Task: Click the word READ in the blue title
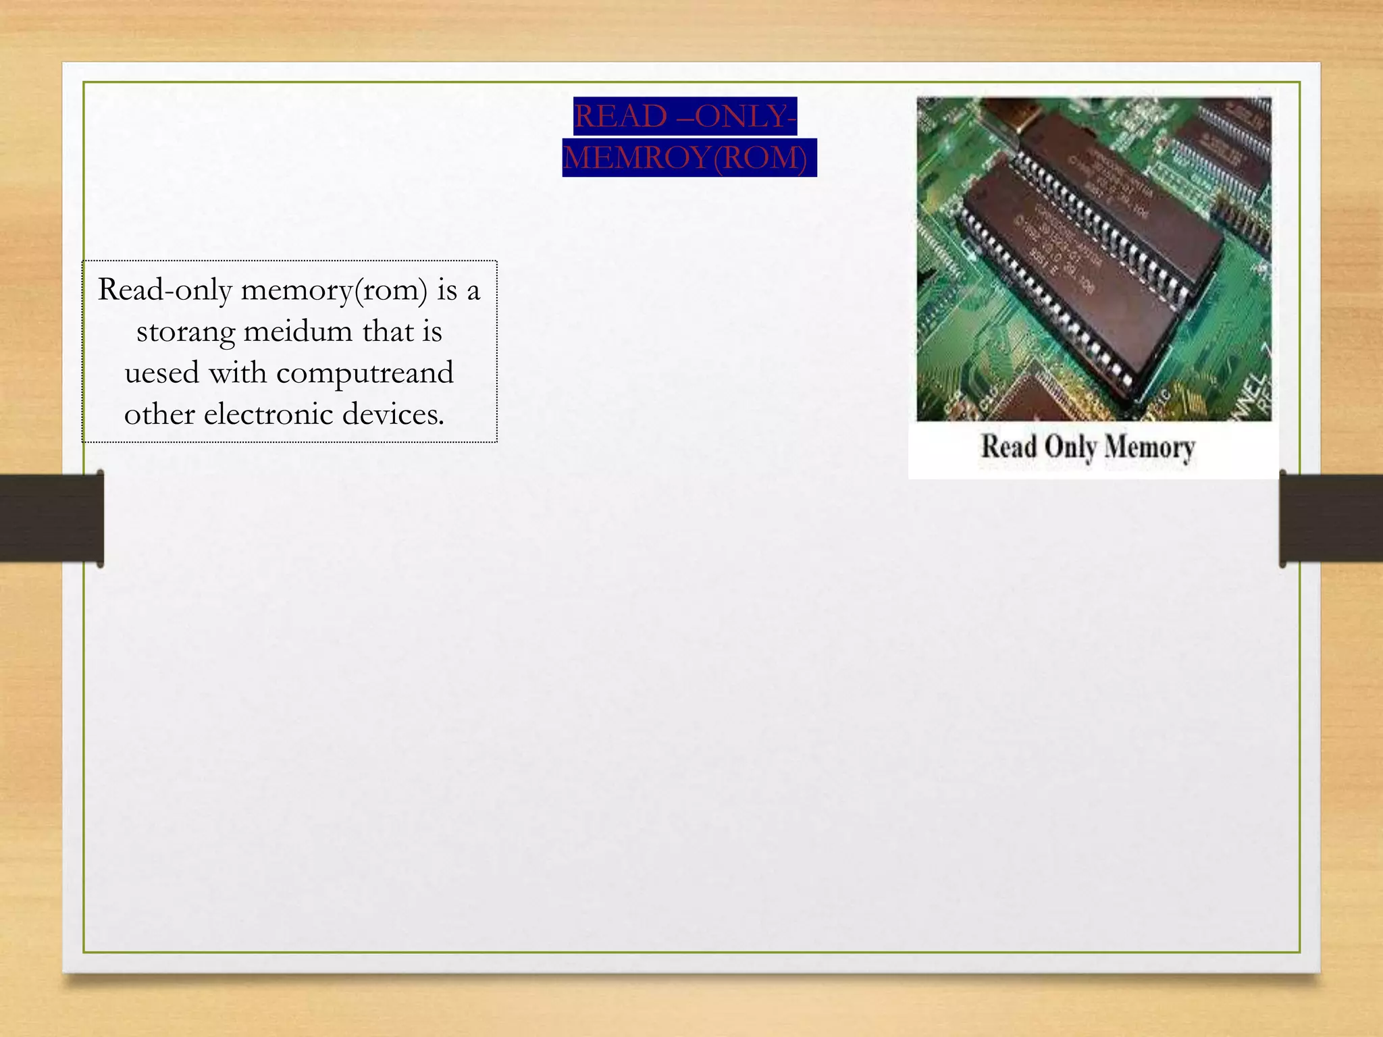pyautogui.click(x=620, y=116)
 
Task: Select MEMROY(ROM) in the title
pyautogui.click(x=686, y=158)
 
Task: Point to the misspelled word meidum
pyautogui.click(x=297, y=331)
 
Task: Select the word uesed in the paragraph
pyautogui.click(x=161, y=373)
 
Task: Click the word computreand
pyautogui.click(x=365, y=373)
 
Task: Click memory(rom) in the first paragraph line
pyautogui.click(x=334, y=290)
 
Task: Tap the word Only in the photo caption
pyautogui.click(x=1070, y=447)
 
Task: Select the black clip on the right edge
pyautogui.click(x=1330, y=518)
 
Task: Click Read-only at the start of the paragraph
pyautogui.click(x=165, y=290)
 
